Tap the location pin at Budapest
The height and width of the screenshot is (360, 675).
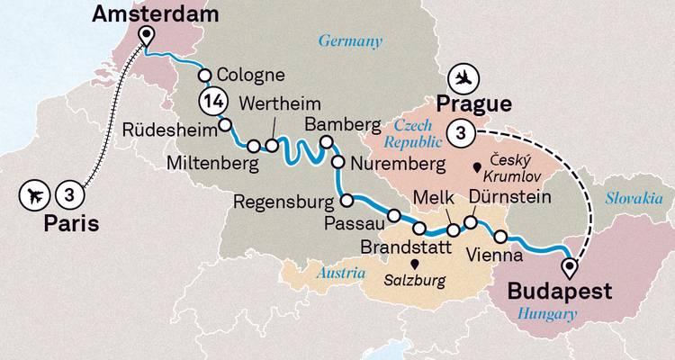click(569, 268)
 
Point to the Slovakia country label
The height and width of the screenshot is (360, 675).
click(635, 197)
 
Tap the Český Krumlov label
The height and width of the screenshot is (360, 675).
click(512, 166)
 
